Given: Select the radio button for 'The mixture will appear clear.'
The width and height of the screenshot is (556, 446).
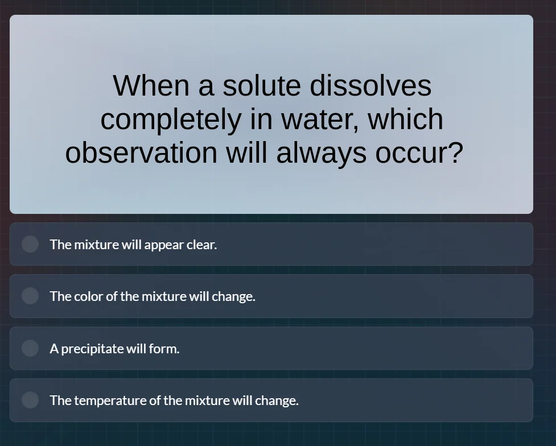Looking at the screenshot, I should [30, 244].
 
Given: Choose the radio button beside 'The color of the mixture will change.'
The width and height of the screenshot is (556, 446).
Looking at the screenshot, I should [30, 296].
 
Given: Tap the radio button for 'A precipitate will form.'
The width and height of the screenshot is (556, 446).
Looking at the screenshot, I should [30, 348].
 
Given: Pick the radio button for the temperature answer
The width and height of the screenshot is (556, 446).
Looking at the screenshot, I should [30, 400].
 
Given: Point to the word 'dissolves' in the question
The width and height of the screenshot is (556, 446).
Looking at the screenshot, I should [370, 86].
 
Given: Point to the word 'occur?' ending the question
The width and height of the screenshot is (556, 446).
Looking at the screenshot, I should [419, 153].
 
